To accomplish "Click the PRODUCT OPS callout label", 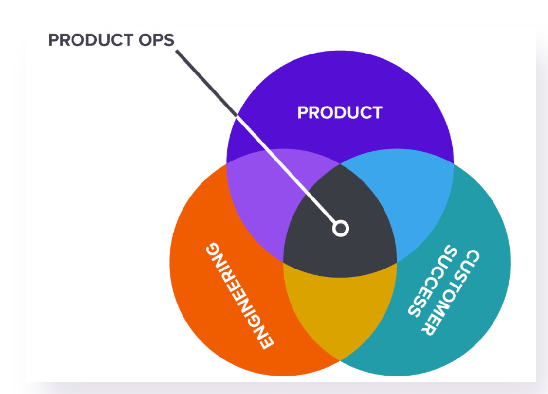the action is (x=111, y=40).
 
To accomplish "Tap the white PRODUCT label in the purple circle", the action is (x=340, y=113).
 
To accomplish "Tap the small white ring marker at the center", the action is (x=341, y=228).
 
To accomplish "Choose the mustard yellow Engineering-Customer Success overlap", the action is (x=340, y=311).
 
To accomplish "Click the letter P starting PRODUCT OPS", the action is (x=54, y=40).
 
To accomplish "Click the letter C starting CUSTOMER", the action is (x=471, y=258).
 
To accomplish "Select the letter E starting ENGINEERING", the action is (x=265, y=340).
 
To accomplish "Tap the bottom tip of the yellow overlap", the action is (x=340, y=359).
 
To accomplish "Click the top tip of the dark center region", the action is (x=340, y=165).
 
